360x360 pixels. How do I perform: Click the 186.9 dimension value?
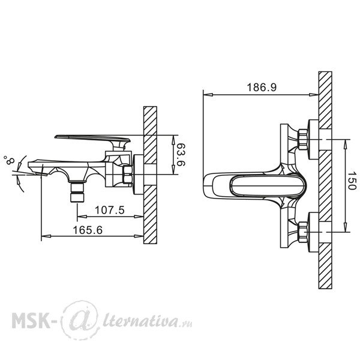point(262,87)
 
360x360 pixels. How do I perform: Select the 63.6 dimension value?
point(181,155)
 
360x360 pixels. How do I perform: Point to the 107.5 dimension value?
point(110,210)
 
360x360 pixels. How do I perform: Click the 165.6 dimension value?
point(88,230)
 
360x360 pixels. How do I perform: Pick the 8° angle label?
point(9,160)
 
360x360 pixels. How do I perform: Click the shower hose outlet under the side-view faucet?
point(77,192)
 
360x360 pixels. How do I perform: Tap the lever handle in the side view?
point(92,140)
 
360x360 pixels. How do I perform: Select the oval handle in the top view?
point(268,186)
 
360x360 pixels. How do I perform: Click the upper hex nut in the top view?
point(302,140)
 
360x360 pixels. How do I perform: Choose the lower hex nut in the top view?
point(302,232)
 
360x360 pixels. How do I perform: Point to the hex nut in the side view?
point(128,174)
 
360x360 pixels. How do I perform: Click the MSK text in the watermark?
point(31,320)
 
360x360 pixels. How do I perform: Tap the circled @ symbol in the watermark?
point(80,320)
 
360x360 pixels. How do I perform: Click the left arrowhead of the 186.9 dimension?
point(208,95)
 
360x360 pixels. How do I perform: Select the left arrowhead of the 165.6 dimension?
point(46,236)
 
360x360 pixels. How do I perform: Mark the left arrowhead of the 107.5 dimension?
point(82,216)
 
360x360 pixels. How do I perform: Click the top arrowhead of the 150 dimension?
point(345,144)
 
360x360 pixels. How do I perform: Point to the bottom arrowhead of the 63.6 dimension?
point(173,170)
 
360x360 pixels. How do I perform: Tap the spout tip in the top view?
point(205,186)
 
